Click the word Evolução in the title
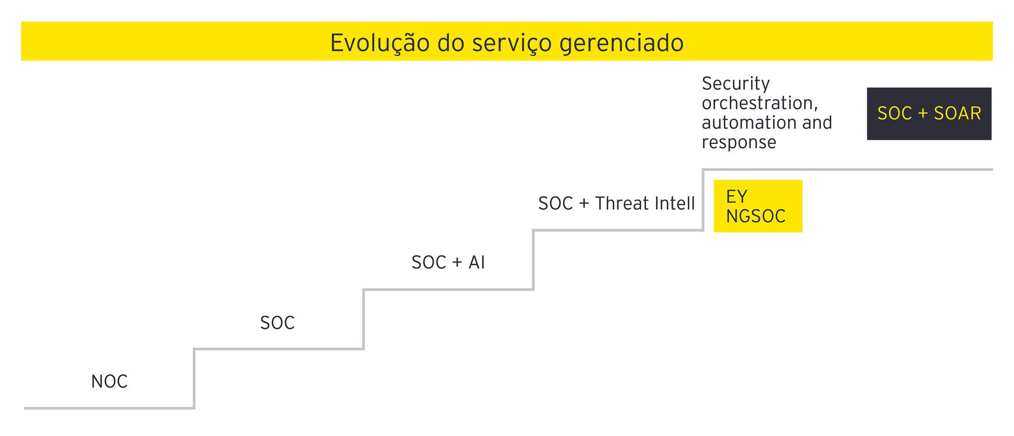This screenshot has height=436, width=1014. (379, 43)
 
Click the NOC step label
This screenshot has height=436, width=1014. (109, 381)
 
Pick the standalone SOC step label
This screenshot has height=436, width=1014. (277, 323)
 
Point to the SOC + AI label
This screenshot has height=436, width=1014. (448, 262)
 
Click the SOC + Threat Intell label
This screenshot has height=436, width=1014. (616, 203)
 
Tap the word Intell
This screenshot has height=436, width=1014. (670, 203)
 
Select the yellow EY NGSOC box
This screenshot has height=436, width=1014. (758, 206)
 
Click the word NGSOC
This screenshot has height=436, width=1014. (756, 216)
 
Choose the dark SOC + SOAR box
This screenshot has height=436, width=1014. (929, 113)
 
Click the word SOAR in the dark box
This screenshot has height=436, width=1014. (957, 113)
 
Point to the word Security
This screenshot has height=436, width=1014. (736, 83)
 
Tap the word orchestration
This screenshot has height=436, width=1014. (760, 103)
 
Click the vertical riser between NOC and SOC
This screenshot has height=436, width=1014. (194, 379)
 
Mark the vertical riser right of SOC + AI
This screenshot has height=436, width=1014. (533, 260)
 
